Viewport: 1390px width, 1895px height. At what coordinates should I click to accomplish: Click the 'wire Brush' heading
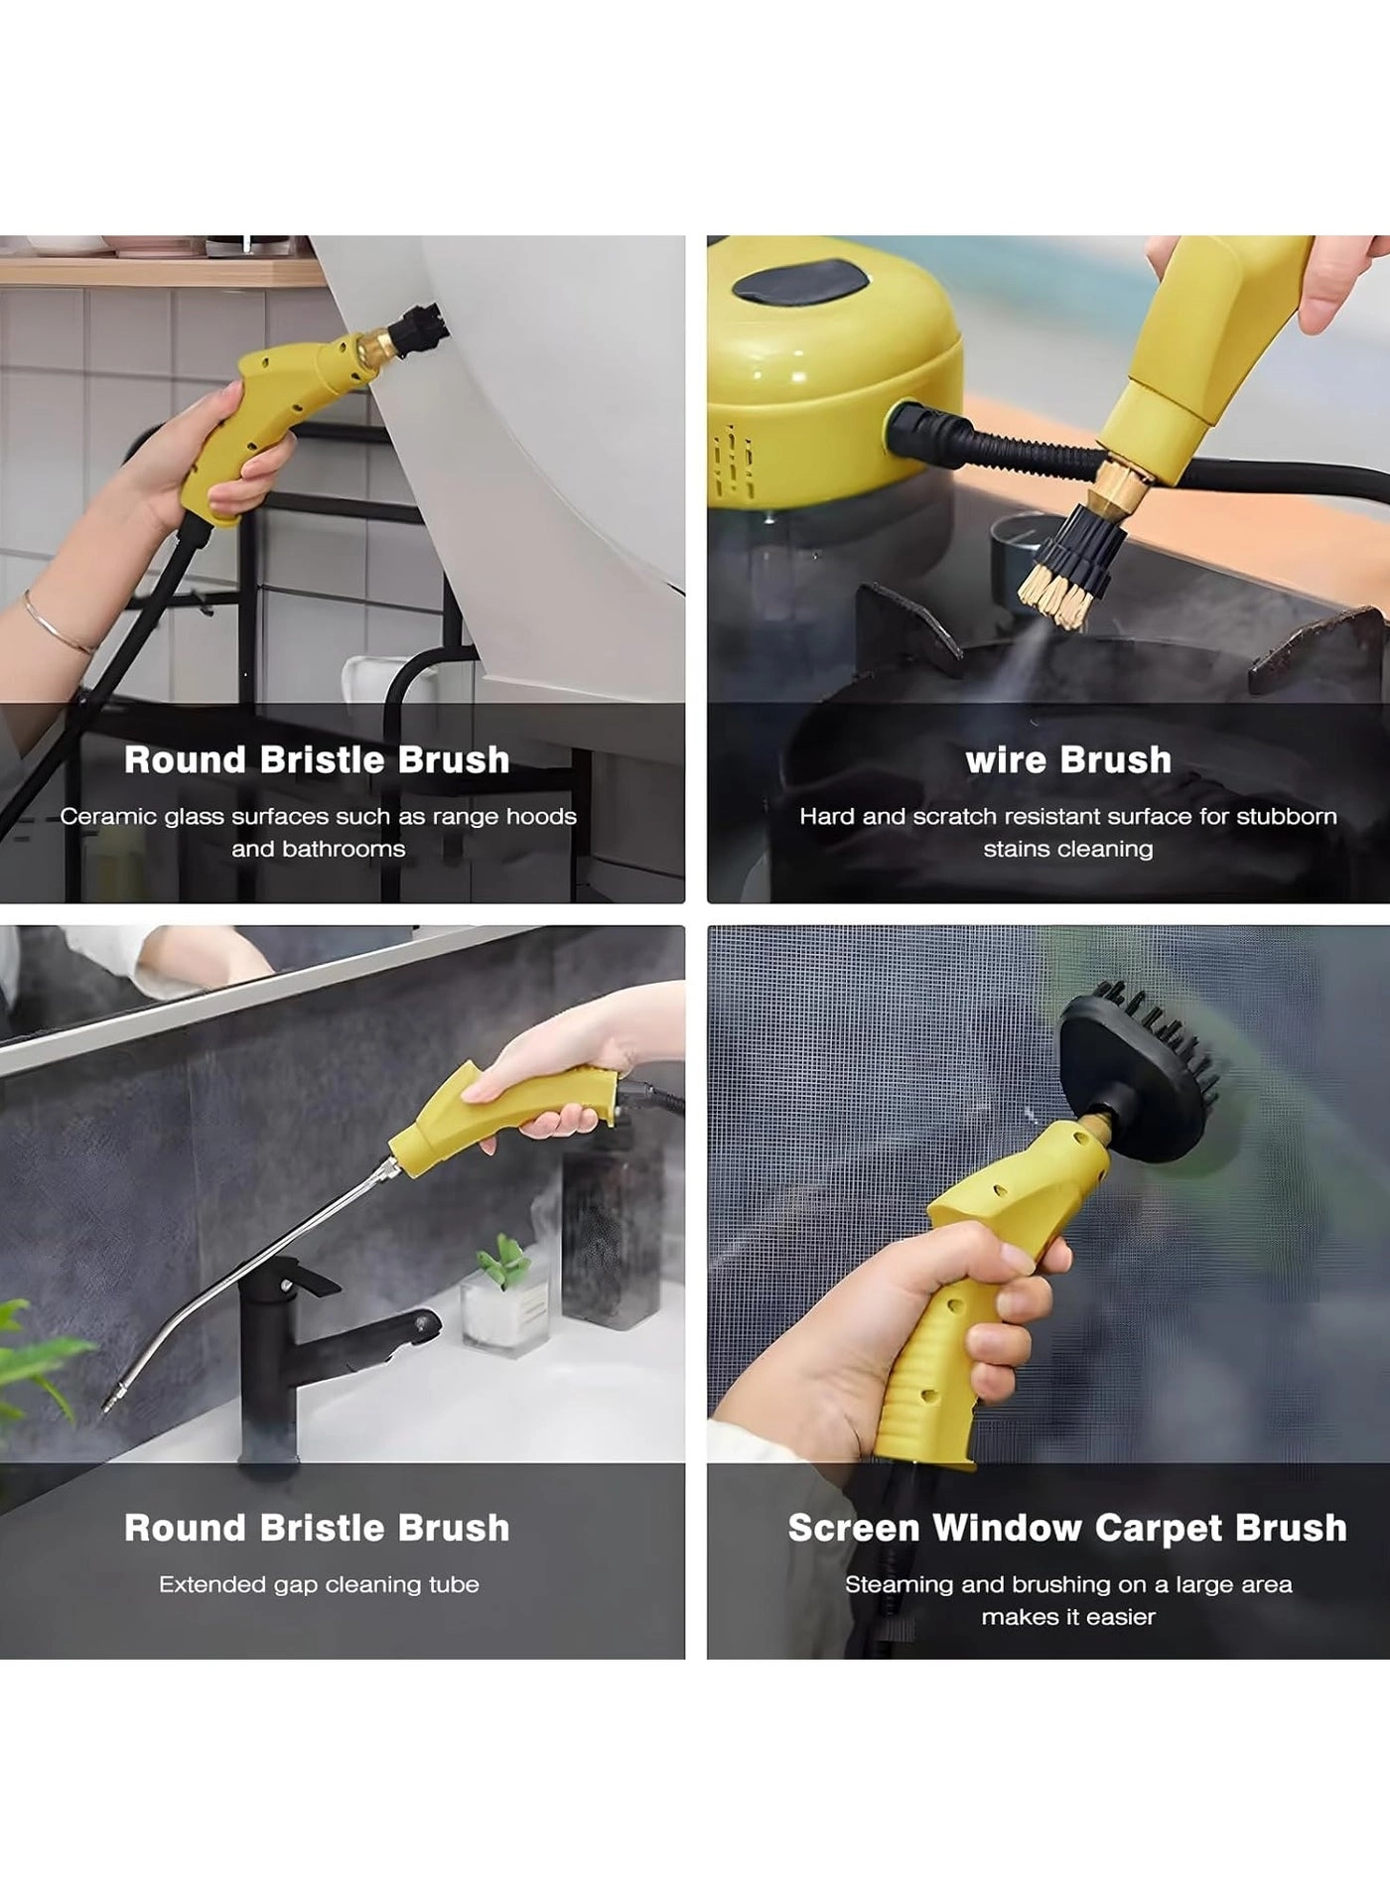(x=1067, y=760)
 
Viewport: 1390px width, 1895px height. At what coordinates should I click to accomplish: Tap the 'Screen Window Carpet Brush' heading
(x=1067, y=1528)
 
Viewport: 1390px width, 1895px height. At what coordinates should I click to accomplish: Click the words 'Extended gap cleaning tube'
(x=319, y=1584)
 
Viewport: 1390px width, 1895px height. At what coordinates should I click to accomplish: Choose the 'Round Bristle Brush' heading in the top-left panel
(x=317, y=760)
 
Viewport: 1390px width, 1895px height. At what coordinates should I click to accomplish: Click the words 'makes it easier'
(x=1068, y=1616)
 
